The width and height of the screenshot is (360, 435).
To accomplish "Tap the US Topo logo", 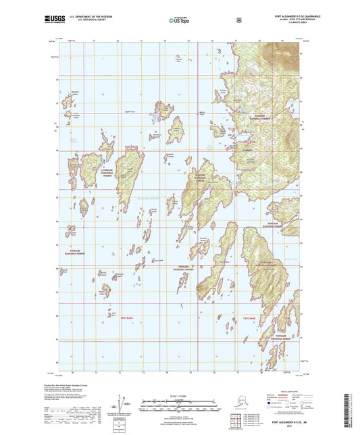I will point(179,20).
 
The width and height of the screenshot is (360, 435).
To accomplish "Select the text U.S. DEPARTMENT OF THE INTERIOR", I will point(93,16).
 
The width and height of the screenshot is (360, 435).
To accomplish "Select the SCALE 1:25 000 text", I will point(179,396).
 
